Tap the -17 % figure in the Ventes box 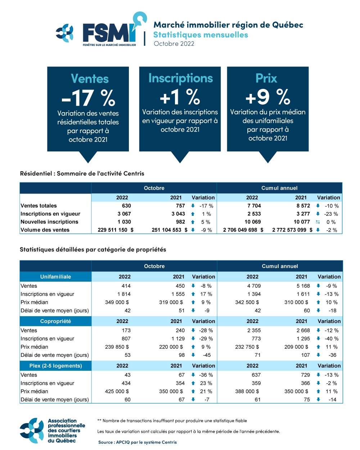click(88, 98)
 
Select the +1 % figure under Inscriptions click(180, 97)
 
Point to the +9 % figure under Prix click(267, 97)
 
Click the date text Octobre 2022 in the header click(174, 44)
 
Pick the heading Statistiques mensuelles click(201, 35)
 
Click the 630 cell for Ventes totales click(126, 206)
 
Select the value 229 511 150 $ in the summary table click(116, 230)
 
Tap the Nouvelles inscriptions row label click(49, 222)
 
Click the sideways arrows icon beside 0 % click(318, 222)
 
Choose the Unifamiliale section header click(55, 277)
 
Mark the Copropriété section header click(55, 321)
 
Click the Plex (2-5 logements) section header click(55, 366)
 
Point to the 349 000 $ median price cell click(117, 302)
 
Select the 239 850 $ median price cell click(117, 347)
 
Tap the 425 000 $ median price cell click(117, 391)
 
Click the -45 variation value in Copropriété click(207, 355)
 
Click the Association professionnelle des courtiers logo click(52, 431)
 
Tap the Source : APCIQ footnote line click(138, 442)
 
